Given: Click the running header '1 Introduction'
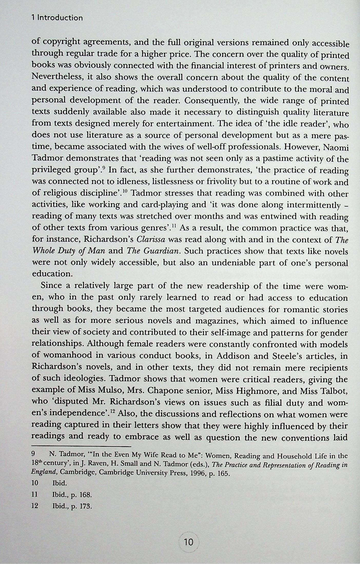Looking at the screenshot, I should tap(57, 18).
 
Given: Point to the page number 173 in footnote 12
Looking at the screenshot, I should tap(84, 506).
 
